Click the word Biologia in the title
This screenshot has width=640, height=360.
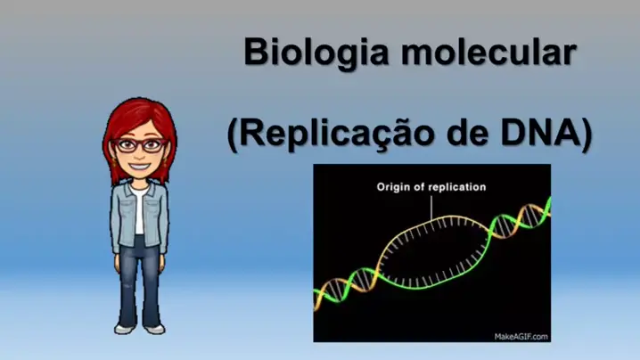[316, 53]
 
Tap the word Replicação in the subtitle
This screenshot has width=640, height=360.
[336, 134]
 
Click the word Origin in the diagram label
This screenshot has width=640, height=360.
[393, 187]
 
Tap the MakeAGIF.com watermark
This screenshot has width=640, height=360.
[521, 337]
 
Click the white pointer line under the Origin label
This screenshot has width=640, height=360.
[431, 209]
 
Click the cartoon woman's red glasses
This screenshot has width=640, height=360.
[140, 145]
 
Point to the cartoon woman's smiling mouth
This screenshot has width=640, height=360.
[140, 167]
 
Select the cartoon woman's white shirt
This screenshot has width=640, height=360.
[139, 210]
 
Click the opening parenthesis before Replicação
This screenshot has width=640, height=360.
[233, 135]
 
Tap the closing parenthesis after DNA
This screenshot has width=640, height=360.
[587, 135]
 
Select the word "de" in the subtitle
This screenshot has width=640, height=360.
[467, 132]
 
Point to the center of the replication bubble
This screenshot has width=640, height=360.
[432, 253]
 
